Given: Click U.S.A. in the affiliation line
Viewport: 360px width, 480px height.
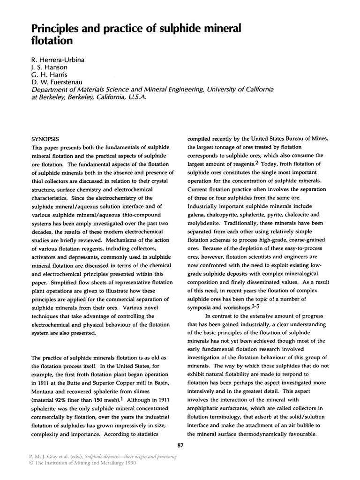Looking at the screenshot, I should coord(137,99).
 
